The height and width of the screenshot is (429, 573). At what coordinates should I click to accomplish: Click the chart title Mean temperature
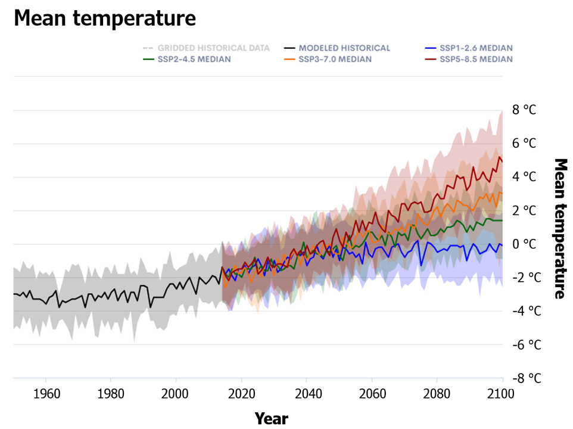pyautogui.click(x=105, y=18)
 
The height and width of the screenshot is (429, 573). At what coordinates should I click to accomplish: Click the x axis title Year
pyautogui.click(x=272, y=418)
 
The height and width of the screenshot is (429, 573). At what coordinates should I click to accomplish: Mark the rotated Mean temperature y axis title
pyautogui.click(x=560, y=228)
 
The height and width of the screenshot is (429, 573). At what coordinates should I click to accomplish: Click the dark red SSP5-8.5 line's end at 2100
pyautogui.click(x=502, y=161)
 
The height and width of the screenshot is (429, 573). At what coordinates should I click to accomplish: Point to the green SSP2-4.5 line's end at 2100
pyautogui.click(x=502, y=220)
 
